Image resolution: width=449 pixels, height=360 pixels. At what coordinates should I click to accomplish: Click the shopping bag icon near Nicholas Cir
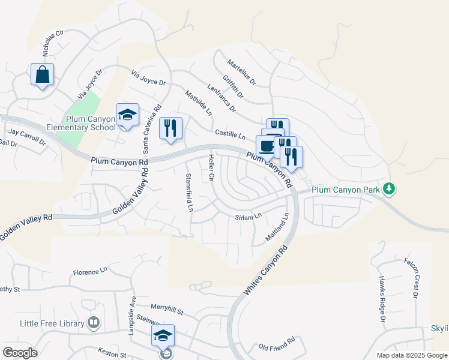42,75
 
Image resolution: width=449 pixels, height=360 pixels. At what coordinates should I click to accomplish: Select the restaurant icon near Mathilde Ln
170,128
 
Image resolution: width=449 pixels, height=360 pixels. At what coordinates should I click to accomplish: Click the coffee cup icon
267,146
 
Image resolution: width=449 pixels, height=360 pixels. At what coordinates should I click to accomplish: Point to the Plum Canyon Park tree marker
390,189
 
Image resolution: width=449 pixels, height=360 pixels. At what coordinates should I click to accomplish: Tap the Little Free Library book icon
93,323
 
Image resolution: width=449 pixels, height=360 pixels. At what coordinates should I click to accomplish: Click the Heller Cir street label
211,168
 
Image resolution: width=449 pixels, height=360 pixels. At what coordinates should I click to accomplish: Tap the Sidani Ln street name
249,216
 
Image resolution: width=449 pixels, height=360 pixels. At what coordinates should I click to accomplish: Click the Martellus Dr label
241,71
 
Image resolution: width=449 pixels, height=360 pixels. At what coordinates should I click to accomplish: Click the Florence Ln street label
90,272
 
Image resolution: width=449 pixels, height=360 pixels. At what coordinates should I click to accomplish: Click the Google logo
20,353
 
